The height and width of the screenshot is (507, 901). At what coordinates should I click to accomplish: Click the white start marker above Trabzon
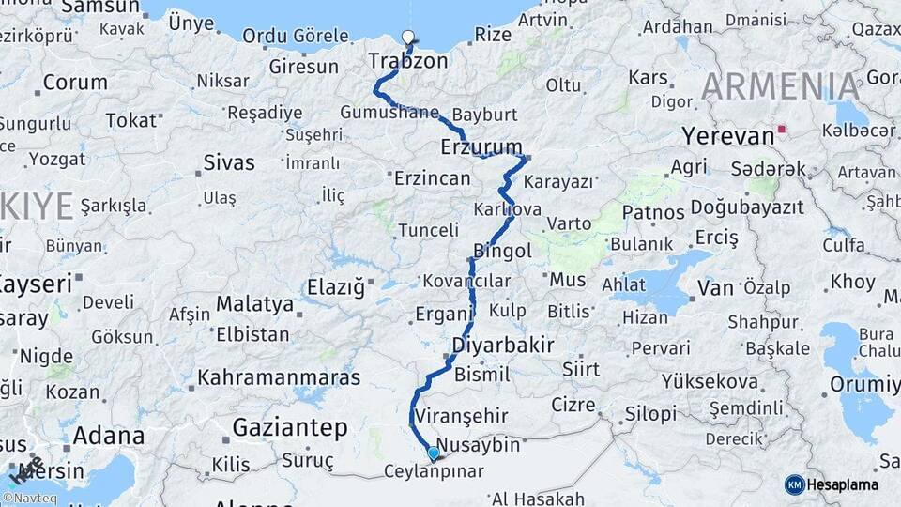click(407, 38)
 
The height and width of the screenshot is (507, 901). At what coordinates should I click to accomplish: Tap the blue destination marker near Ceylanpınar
click(433, 454)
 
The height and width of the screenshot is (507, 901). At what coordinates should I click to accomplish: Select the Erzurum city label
click(481, 146)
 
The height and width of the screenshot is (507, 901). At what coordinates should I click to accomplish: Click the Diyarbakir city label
click(502, 345)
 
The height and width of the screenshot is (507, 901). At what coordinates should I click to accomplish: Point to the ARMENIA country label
click(780, 86)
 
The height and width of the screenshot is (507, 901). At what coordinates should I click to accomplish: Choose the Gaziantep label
click(289, 428)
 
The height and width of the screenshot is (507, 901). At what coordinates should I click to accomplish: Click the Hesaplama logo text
click(843, 484)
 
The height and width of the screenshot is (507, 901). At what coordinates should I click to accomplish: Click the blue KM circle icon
click(794, 484)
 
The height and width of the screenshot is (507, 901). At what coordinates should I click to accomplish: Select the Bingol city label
click(503, 251)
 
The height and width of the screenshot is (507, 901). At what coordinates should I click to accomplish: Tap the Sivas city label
click(229, 162)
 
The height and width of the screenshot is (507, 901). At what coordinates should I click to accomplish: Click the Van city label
click(714, 287)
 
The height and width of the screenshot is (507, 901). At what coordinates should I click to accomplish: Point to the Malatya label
click(254, 303)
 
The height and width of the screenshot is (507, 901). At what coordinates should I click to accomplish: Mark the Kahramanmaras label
click(279, 378)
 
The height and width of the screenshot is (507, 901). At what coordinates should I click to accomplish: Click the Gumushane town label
click(389, 113)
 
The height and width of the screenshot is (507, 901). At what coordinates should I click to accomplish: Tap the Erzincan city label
click(432, 177)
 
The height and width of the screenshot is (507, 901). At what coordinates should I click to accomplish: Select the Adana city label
click(108, 436)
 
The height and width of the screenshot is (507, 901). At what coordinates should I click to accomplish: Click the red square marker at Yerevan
click(781, 130)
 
